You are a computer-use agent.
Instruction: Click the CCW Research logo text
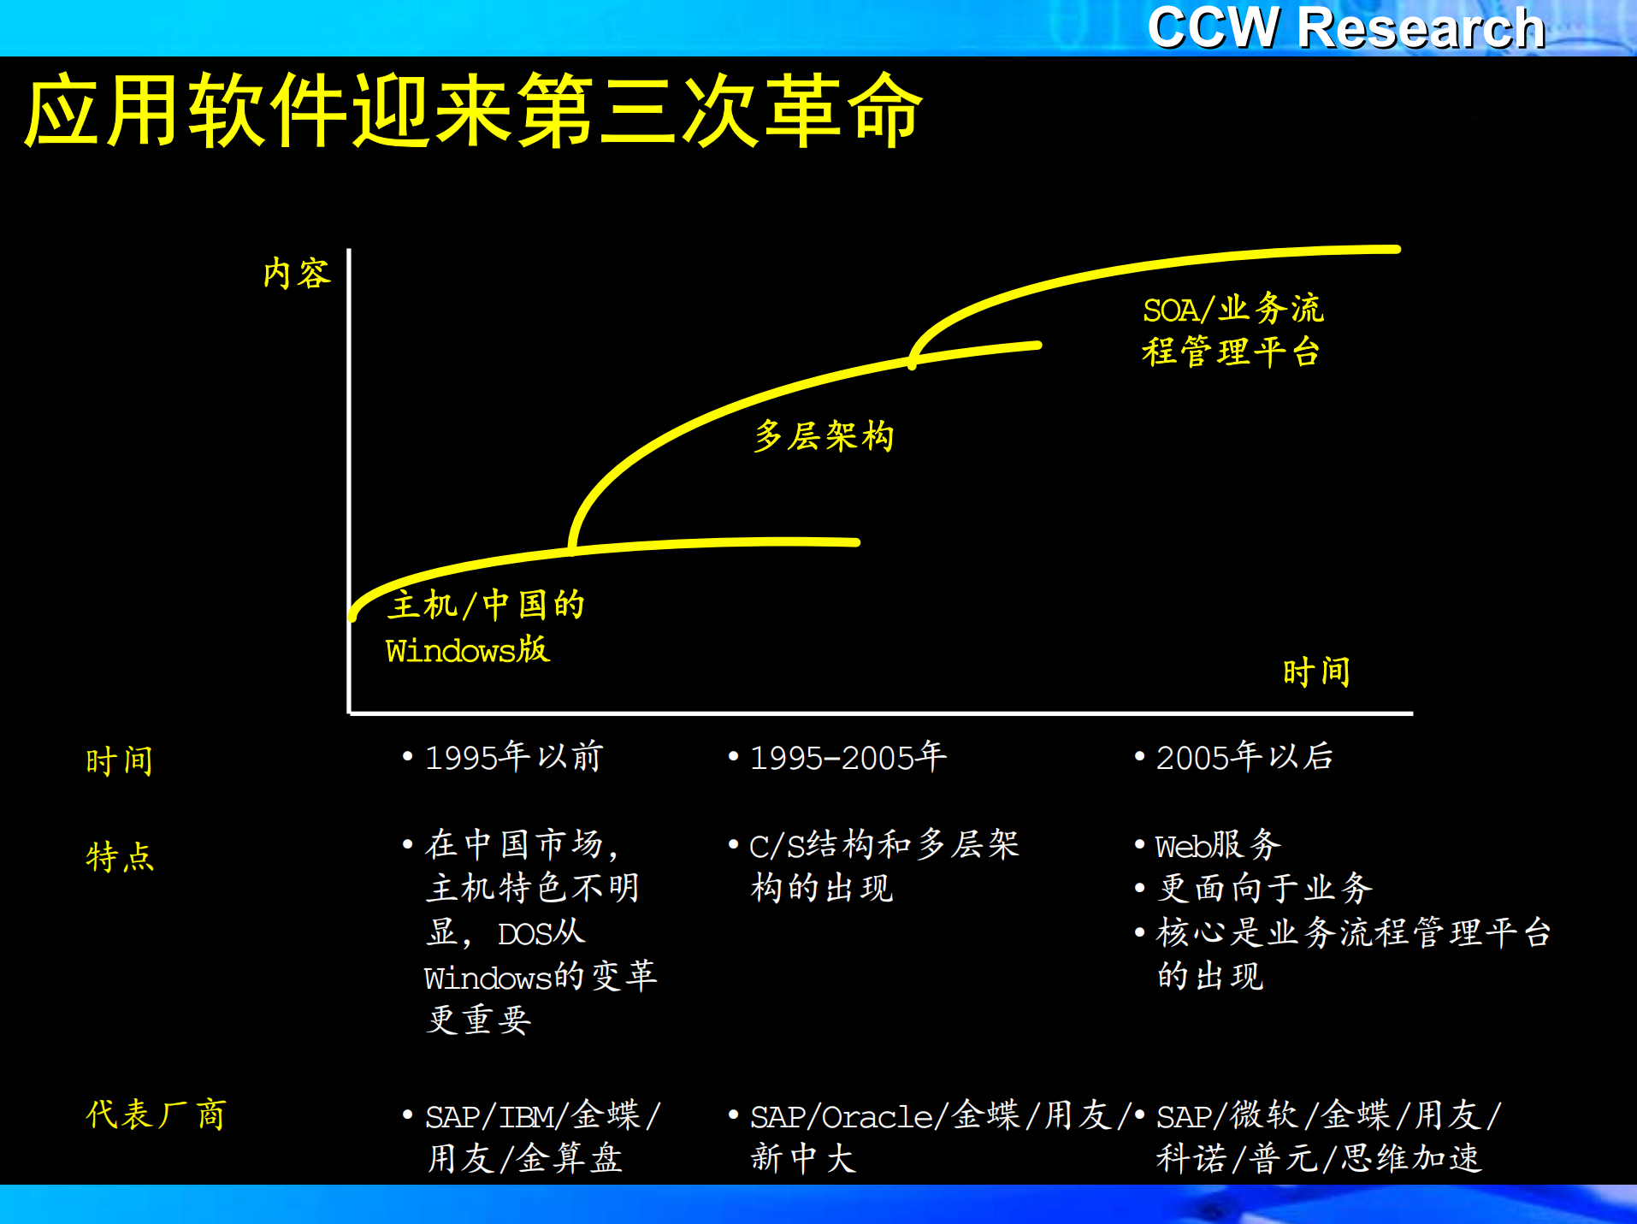pos(1345,27)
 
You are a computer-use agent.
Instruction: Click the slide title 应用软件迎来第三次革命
pos(473,111)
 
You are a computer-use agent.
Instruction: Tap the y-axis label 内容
pos(296,274)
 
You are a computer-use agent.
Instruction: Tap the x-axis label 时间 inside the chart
pos(1315,672)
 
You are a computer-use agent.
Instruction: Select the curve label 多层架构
pos(824,436)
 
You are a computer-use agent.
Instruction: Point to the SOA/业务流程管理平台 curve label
pos(1232,330)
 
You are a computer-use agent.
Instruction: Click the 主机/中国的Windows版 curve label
pos(484,627)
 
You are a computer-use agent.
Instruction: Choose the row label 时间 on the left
pos(119,760)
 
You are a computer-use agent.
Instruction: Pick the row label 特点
pos(120,856)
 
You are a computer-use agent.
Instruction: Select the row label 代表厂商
pos(156,1115)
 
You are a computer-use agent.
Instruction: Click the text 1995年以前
pos(514,757)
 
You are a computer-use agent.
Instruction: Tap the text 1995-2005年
pos(848,757)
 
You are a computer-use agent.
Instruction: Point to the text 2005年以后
pos(1244,757)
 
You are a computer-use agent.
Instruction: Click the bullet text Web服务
pos(1218,845)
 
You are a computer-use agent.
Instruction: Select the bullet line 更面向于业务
pos(1264,888)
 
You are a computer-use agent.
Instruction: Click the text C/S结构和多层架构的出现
pos(884,866)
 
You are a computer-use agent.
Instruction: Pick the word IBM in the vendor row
pos(526,1116)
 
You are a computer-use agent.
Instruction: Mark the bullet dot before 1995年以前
pos(408,756)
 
